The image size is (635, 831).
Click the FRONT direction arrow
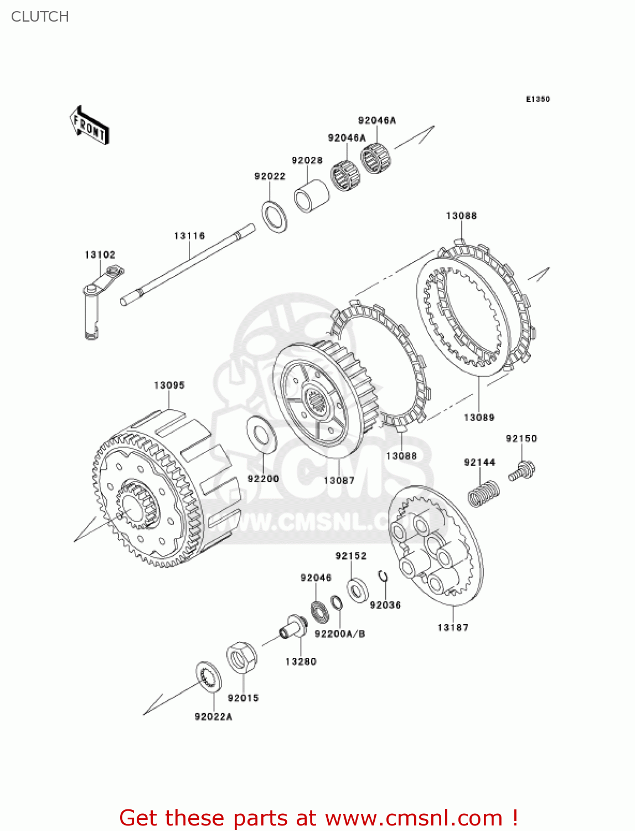click(89, 126)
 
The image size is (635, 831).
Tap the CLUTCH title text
click(40, 17)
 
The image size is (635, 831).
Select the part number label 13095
click(169, 385)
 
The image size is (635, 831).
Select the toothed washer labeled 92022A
click(209, 676)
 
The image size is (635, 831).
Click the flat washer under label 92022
click(274, 217)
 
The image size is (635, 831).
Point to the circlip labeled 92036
click(383, 577)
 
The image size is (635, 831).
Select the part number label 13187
click(452, 627)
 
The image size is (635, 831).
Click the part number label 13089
click(479, 417)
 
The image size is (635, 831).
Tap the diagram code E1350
click(538, 99)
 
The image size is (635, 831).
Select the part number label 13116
click(189, 236)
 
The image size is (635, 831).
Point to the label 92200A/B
click(339, 634)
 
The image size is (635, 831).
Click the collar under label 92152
click(358, 589)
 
